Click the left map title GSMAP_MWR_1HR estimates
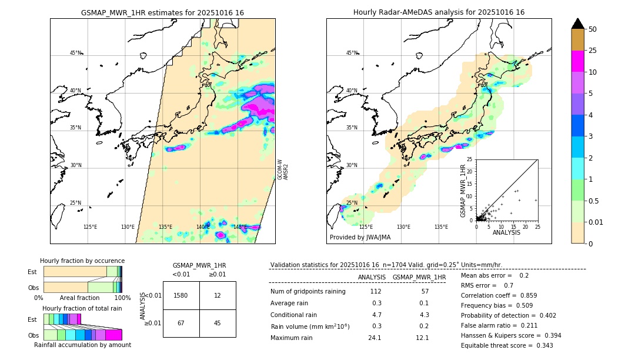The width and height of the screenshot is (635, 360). point(162,12)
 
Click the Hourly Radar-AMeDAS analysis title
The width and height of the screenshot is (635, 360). point(439,12)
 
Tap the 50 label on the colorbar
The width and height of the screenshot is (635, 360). point(593,29)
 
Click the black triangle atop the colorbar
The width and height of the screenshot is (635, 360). point(578,24)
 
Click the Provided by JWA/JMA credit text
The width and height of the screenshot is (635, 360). point(360,237)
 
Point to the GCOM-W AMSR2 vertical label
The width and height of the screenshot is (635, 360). point(283,169)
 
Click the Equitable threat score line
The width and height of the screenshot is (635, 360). point(507,345)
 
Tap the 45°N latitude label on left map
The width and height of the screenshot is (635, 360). point(75,53)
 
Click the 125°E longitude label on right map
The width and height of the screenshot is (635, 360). point(366,226)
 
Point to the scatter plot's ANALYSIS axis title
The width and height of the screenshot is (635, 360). point(506,232)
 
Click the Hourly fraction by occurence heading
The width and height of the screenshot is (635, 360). point(82,261)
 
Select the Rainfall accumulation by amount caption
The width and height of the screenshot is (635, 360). point(82,345)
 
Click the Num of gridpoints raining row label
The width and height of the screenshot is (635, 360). point(308,292)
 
